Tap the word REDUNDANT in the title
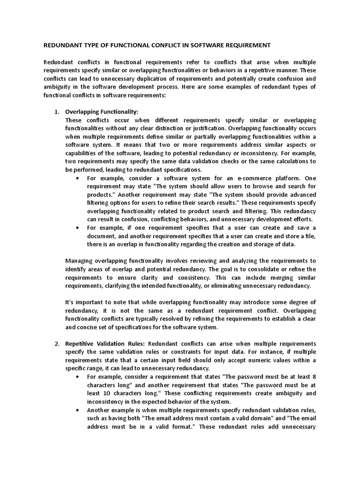click(62, 45)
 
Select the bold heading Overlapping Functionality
click(102, 112)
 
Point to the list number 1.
click(56, 112)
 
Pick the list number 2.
click(56, 344)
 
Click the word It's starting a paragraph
click(70, 302)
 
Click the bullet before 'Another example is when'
click(77, 410)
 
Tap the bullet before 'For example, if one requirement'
click(77, 228)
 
